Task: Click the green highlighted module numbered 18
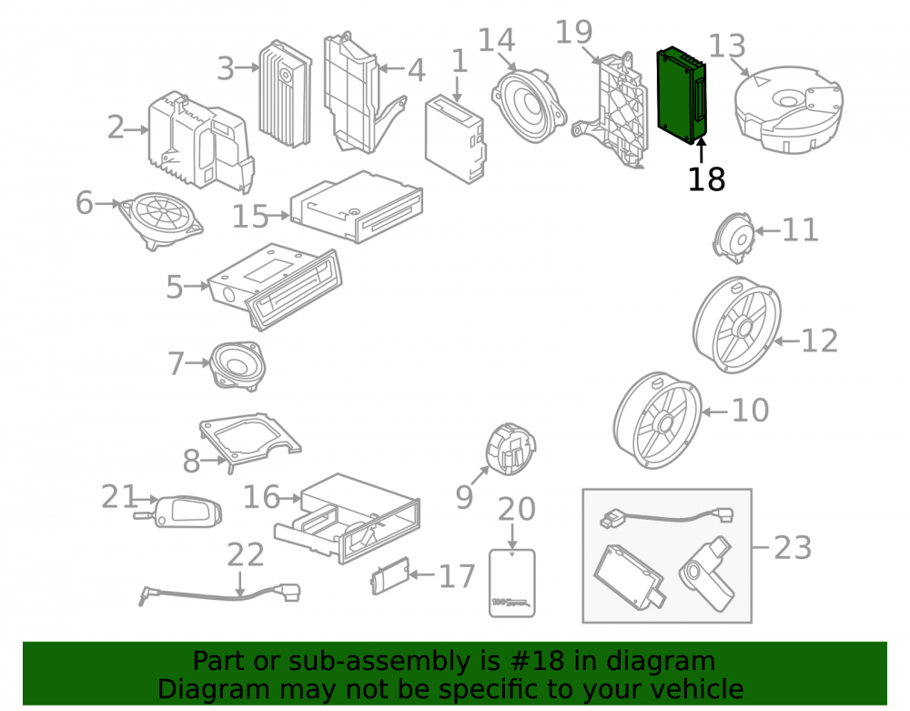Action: [x=682, y=96]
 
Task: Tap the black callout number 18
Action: [x=706, y=179]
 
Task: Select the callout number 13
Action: [x=727, y=46]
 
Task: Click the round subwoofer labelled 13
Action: [x=788, y=109]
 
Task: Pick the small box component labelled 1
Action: [x=456, y=138]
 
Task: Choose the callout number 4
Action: [x=416, y=70]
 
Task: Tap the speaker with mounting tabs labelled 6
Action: [x=161, y=220]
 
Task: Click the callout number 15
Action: [x=251, y=217]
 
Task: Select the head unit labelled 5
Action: [x=275, y=287]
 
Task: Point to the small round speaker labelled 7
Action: [x=238, y=366]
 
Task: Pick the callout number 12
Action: [x=819, y=340]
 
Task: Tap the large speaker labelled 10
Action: [x=658, y=420]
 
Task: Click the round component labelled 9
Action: [x=511, y=449]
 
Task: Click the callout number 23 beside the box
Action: [x=793, y=547]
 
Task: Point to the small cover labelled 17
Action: [x=390, y=575]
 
